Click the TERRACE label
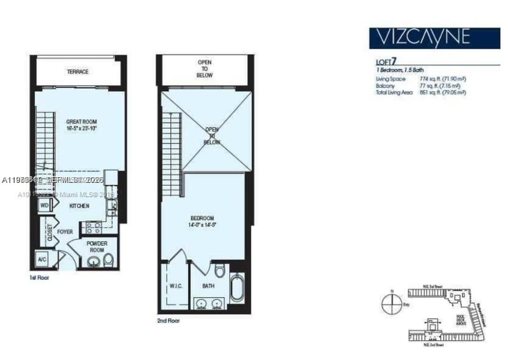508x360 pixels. click(77, 72)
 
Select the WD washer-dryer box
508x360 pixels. click(44, 205)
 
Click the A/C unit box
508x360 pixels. click(42, 259)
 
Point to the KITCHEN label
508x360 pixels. click(79, 206)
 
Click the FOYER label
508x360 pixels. click(65, 232)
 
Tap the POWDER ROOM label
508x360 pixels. click(97, 246)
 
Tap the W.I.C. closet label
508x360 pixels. click(176, 286)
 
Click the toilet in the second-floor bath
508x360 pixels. click(219, 271)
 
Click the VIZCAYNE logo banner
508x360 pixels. click(434, 38)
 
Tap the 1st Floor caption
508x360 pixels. click(39, 278)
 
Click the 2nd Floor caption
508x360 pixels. click(168, 321)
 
